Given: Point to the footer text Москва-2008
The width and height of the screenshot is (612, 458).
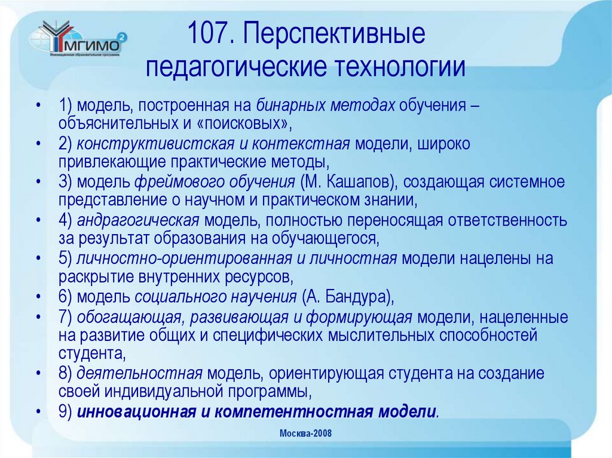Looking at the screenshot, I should (305, 433).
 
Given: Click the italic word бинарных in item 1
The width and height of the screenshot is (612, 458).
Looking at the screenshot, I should (283, 106).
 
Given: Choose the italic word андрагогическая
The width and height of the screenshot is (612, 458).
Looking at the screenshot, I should (137, 220).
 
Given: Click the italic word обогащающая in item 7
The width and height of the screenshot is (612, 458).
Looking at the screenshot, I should (128, 316).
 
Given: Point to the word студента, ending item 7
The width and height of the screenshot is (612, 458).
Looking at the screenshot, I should (93, 354).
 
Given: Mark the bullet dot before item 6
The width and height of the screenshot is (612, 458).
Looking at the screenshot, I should (38, 297).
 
